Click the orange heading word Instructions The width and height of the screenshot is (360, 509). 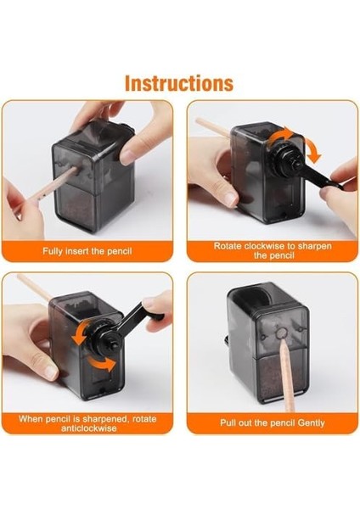pyautogui.click(x=179, y=83)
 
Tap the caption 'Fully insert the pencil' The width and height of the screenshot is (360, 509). pyautogui.click(x=87, y=251)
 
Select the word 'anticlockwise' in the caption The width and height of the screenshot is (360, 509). pyautogui.click(x=88, y=428)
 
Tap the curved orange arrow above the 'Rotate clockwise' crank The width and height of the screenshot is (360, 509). pyautogui.click(x=279, y=136)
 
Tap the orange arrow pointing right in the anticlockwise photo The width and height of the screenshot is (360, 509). pyautogui.click(x=102, y=364)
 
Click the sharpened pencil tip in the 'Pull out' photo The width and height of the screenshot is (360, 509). pyautogui.click(x=282, y=339)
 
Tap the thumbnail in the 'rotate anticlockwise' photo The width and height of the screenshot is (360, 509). pyautogui.click(x=50, y=372)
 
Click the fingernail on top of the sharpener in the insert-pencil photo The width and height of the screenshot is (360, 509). pyautogui.click(x=127, y=157)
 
